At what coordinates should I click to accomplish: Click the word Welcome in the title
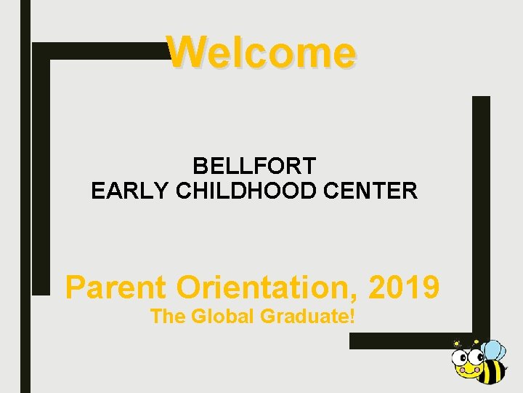tap(261, 52)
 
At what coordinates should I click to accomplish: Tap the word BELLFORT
tap(254, 166)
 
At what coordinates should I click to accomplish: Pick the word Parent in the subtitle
tap(115, 287)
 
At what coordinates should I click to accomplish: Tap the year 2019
tap(403, 287)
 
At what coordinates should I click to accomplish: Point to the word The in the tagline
tap(168, 317)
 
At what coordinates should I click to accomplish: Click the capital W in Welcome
tap(185, 52)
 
